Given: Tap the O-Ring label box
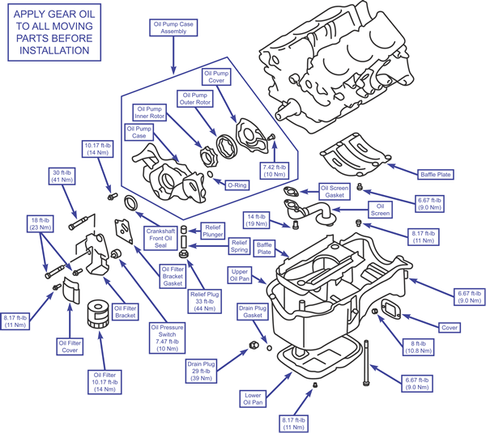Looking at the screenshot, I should [x=237, y=185].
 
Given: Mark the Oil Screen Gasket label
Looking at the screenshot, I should [x=334, y=191].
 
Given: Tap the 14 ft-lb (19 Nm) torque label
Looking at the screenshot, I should [x=258, y=219].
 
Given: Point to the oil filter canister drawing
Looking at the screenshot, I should [x=97, y=314].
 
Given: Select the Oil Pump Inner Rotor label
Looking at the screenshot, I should [x=151, y=113].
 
